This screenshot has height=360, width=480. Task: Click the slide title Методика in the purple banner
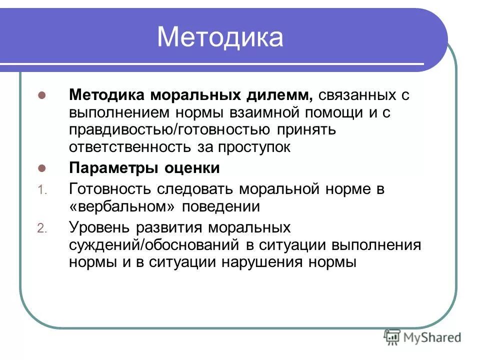coord(220,37)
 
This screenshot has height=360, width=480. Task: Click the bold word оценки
coord(192,168)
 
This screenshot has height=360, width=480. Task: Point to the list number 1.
coord(42,190)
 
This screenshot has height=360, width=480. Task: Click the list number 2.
coord(42,228)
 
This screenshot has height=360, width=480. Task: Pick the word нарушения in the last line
coord(260,262)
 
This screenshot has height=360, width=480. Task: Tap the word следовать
coord(198,189)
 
